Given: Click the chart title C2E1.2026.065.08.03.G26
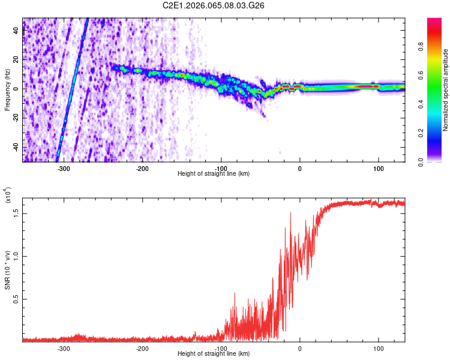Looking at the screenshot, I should tap(214, 6).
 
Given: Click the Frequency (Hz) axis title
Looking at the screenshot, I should tap(8, 89).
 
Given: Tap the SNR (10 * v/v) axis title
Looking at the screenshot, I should tap(8, 270).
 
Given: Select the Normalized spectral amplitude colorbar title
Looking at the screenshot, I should tap(445, 90).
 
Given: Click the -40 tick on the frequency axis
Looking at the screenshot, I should tap(16, 147).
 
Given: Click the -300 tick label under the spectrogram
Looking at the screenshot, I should tap(64, 167).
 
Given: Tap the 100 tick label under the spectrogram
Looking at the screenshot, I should tap(378, 167).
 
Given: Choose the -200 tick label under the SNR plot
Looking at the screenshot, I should tap(142, 348).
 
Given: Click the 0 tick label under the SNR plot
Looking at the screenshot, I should tap(299, 348).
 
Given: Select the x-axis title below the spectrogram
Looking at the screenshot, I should tap(214, 173).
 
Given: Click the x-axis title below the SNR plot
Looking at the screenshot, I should tap(214, 354).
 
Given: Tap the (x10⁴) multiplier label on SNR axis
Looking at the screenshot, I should tap(8, 196).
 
